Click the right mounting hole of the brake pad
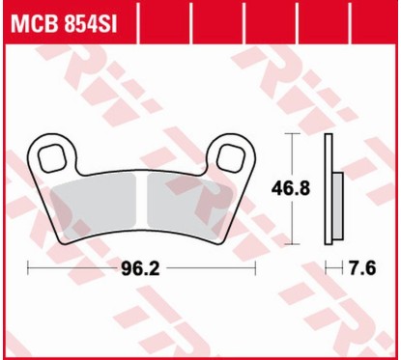[232, 154]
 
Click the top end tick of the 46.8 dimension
[289, 134]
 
